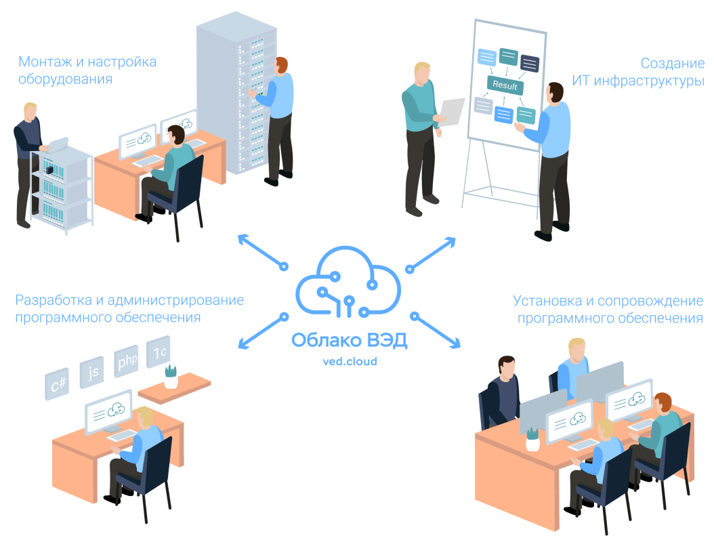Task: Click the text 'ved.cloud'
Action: click(x=350, y=361)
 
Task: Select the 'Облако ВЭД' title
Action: click(x=350, y=340)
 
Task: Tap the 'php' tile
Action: click(x=127, y=361)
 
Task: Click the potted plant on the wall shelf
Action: click(x=171, y=375)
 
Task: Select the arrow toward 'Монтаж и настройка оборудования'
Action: click(x=261, y=251)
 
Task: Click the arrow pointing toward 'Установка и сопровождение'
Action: click(x=436, y=331)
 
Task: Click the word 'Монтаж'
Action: click(x=43, y=62)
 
